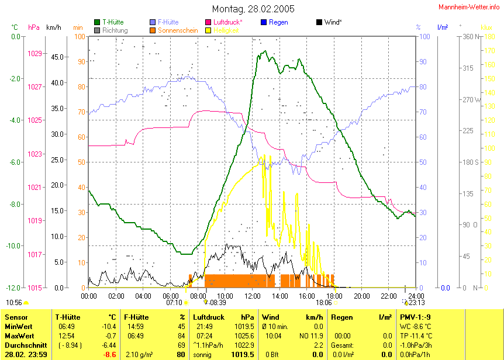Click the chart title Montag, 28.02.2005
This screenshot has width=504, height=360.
pyautogui.click(x=253, y=9)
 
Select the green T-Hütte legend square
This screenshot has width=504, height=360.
pyautogui.click(x=97, y=22)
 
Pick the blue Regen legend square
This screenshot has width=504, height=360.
pyautogui.click(x=264, y=22)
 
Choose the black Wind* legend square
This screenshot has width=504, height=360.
pyautogui.click(x=319, y=22)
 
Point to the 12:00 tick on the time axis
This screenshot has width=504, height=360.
pyautogui.click(x=253, y=296)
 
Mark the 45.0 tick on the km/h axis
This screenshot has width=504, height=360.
pyautogui.click(x=57, y=57)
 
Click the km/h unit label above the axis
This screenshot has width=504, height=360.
pyautogui.click(x=53, y=27)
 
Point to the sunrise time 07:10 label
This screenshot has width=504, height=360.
pyautogui.click(x=174, y=303)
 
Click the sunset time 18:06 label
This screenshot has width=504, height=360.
pyautogui.click(x=324, y=303)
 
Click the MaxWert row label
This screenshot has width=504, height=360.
pyautogui.click(x=18, y=335)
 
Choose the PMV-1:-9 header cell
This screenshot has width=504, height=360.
pyautogui.click(x=415, y=317)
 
